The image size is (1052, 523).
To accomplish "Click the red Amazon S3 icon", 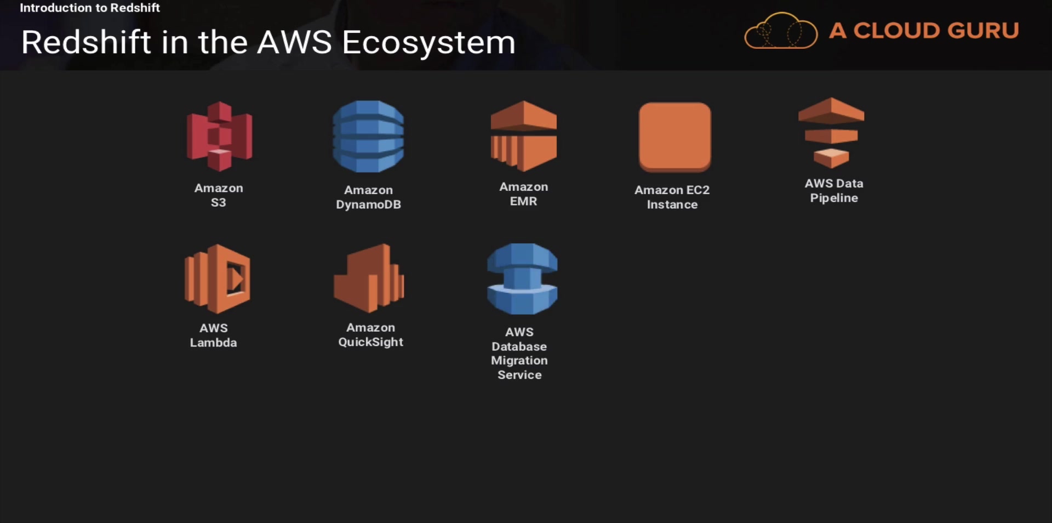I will click(x=219, y=137).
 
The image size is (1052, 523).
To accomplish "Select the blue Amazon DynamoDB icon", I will click(x=368, y=137).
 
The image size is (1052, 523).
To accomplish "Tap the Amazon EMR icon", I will click(x=524, y=136).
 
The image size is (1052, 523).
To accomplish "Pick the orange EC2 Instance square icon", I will click(x=674, y=137).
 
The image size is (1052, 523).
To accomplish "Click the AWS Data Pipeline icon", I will click(x=831, y=133).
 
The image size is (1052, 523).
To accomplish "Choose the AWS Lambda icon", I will click(x=218, y=278).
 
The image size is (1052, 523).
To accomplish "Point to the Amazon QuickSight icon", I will click(x=369, y=278).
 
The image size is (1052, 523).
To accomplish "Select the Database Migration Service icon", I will click(x=522, y=278).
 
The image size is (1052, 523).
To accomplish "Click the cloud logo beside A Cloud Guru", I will click(x=781, y=31).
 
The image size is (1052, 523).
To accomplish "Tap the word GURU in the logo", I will click(x=983, y=31).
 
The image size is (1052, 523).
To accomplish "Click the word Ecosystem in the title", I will click(x=428, y=42).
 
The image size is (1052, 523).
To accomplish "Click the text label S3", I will click(x=218, y=202).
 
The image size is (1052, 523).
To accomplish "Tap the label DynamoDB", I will click(x=368, y=204).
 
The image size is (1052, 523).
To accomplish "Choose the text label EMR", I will click(x=523, y=201).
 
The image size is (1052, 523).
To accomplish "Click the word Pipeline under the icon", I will click(x=834, y=198).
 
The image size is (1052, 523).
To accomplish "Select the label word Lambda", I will click(x=213, y=343).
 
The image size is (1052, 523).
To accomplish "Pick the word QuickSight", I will click(x=370, y=342).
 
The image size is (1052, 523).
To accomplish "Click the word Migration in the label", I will click(x=519, y=361).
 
